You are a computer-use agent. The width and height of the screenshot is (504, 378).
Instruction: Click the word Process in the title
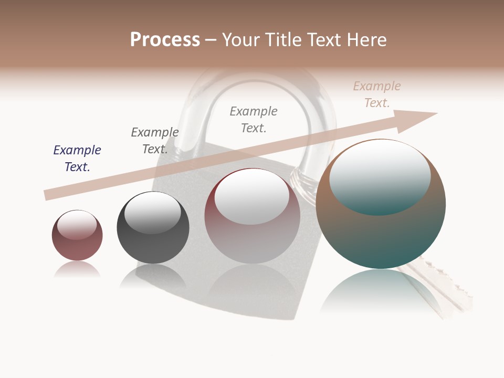tap(165, 40)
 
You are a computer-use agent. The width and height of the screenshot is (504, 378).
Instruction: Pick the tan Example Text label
tap(376, 94)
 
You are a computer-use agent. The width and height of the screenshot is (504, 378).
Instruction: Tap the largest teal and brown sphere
tap(381, 236)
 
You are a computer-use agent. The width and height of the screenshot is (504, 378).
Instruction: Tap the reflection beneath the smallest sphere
tap(77, 270)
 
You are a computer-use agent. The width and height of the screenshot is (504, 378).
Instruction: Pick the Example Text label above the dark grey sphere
tap(155, 141)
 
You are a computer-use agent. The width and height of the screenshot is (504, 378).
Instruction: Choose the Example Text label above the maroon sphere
tap(254, 120)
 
